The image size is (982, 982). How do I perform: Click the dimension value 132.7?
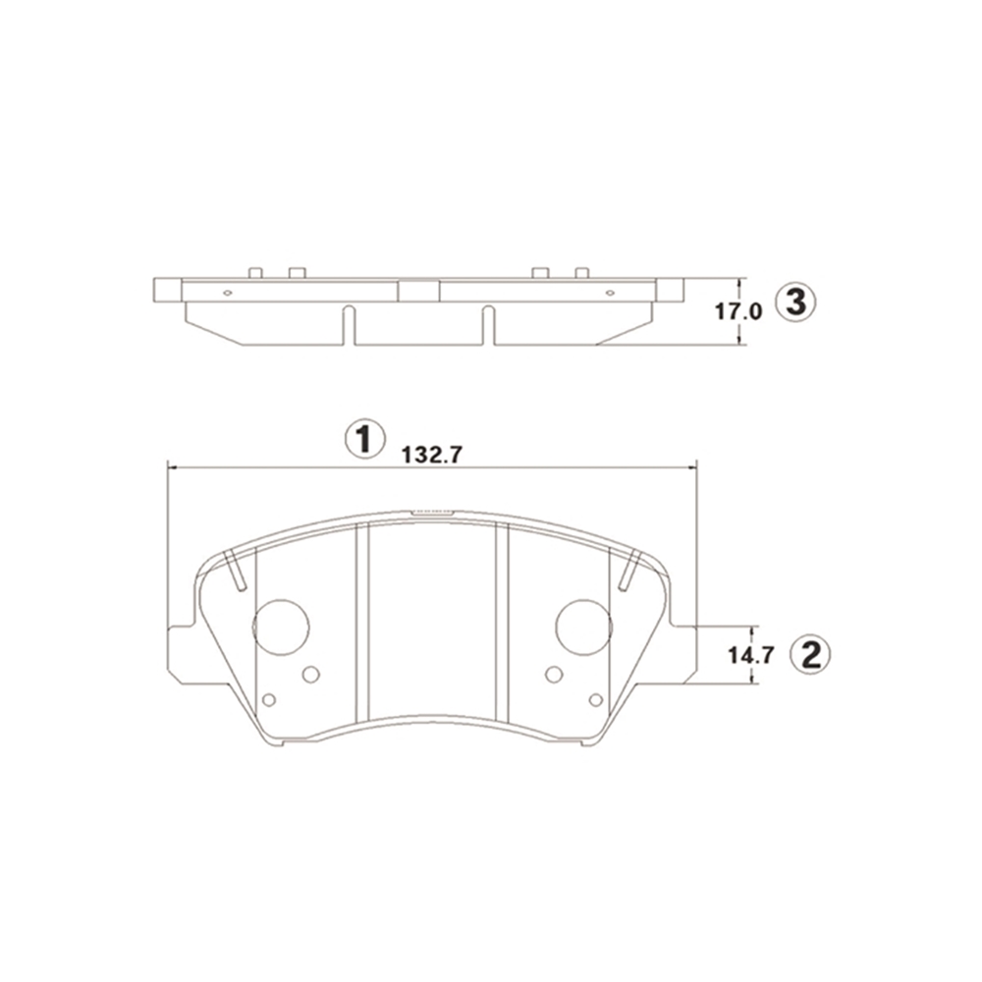(x=432, y=455)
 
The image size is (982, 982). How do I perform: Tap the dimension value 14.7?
(x=751, y=656)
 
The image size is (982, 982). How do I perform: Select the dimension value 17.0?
(x=738, y=311)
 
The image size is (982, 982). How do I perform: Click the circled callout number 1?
(x=364, y=438)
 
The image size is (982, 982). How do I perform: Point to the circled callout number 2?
(x=811, y=655)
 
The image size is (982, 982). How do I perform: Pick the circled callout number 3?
(x=795, y=302)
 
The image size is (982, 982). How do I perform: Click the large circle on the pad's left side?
(x=281, y=627)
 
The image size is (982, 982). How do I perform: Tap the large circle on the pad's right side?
(x=584, y=627)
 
